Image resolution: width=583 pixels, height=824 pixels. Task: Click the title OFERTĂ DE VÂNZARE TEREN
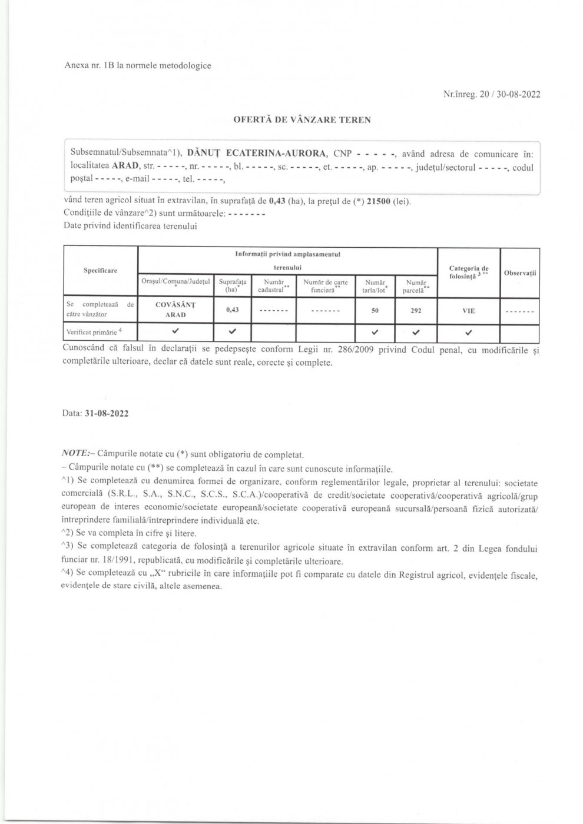click(x=302, y=120)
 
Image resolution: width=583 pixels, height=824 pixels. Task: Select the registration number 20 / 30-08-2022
click(x=510, y=94)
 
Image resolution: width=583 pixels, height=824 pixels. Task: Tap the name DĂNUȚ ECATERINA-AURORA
click(x=257, y=154)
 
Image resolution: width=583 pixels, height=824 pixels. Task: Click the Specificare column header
click(x=100, y=270)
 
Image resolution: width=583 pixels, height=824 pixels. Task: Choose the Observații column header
click(x=519, y=273)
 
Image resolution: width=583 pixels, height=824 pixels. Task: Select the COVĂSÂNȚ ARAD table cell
click(x=175, y=310)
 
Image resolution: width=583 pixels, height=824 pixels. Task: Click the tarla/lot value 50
click(x=375, y=310)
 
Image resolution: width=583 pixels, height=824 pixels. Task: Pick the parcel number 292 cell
click(x=416, y=310)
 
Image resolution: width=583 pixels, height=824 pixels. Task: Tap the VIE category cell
click(x=468, y=311)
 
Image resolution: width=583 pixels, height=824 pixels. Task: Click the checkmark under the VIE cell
click(x=468, y=333)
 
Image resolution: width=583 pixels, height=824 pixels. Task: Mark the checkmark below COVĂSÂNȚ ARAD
click(x=175, y=332)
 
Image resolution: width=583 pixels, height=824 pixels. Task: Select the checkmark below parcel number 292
click(x=416, y=333)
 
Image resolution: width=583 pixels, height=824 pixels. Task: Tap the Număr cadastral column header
click(x=274, y=286)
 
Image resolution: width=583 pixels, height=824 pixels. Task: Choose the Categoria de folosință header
click(x=468, y=272)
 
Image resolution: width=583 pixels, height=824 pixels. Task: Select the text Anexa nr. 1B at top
click(x=89, y=66)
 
